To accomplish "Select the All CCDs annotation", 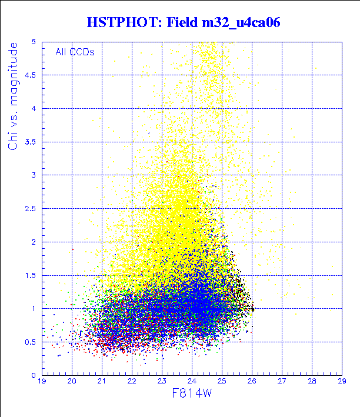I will coord(75,52).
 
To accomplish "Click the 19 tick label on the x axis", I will coord(42,382).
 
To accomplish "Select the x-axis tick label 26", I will coord(252,382).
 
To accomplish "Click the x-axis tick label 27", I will coord(282,382).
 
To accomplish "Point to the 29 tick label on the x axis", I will coord(342,382).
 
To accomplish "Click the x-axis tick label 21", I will coord(102,382).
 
